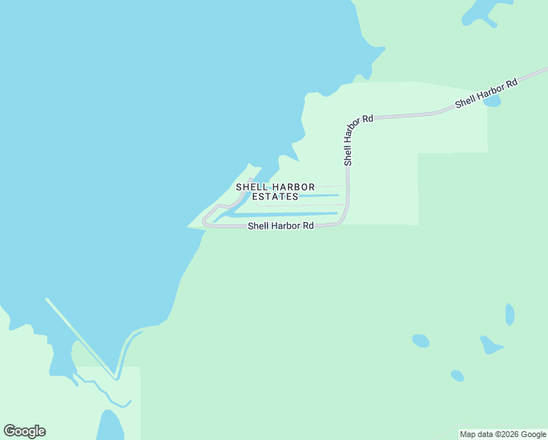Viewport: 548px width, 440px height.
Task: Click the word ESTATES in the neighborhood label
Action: [275, 197]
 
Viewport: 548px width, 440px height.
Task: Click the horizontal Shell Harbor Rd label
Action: [281, 226]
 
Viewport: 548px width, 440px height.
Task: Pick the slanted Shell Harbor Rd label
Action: [486, 93]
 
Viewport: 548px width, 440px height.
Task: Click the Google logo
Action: [24, 431]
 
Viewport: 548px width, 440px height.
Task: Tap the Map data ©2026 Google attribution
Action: [503, 435]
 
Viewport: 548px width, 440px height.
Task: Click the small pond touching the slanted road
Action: [492, 101]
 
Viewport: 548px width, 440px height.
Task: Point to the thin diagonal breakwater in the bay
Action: [81, 337]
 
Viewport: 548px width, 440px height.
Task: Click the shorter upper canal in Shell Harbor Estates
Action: [319, 196]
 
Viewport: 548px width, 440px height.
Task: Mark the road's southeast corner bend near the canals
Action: [343, 220]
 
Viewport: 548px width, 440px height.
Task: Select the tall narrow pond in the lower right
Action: [510, 315]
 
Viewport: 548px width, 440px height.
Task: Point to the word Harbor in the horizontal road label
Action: [285, 226]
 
